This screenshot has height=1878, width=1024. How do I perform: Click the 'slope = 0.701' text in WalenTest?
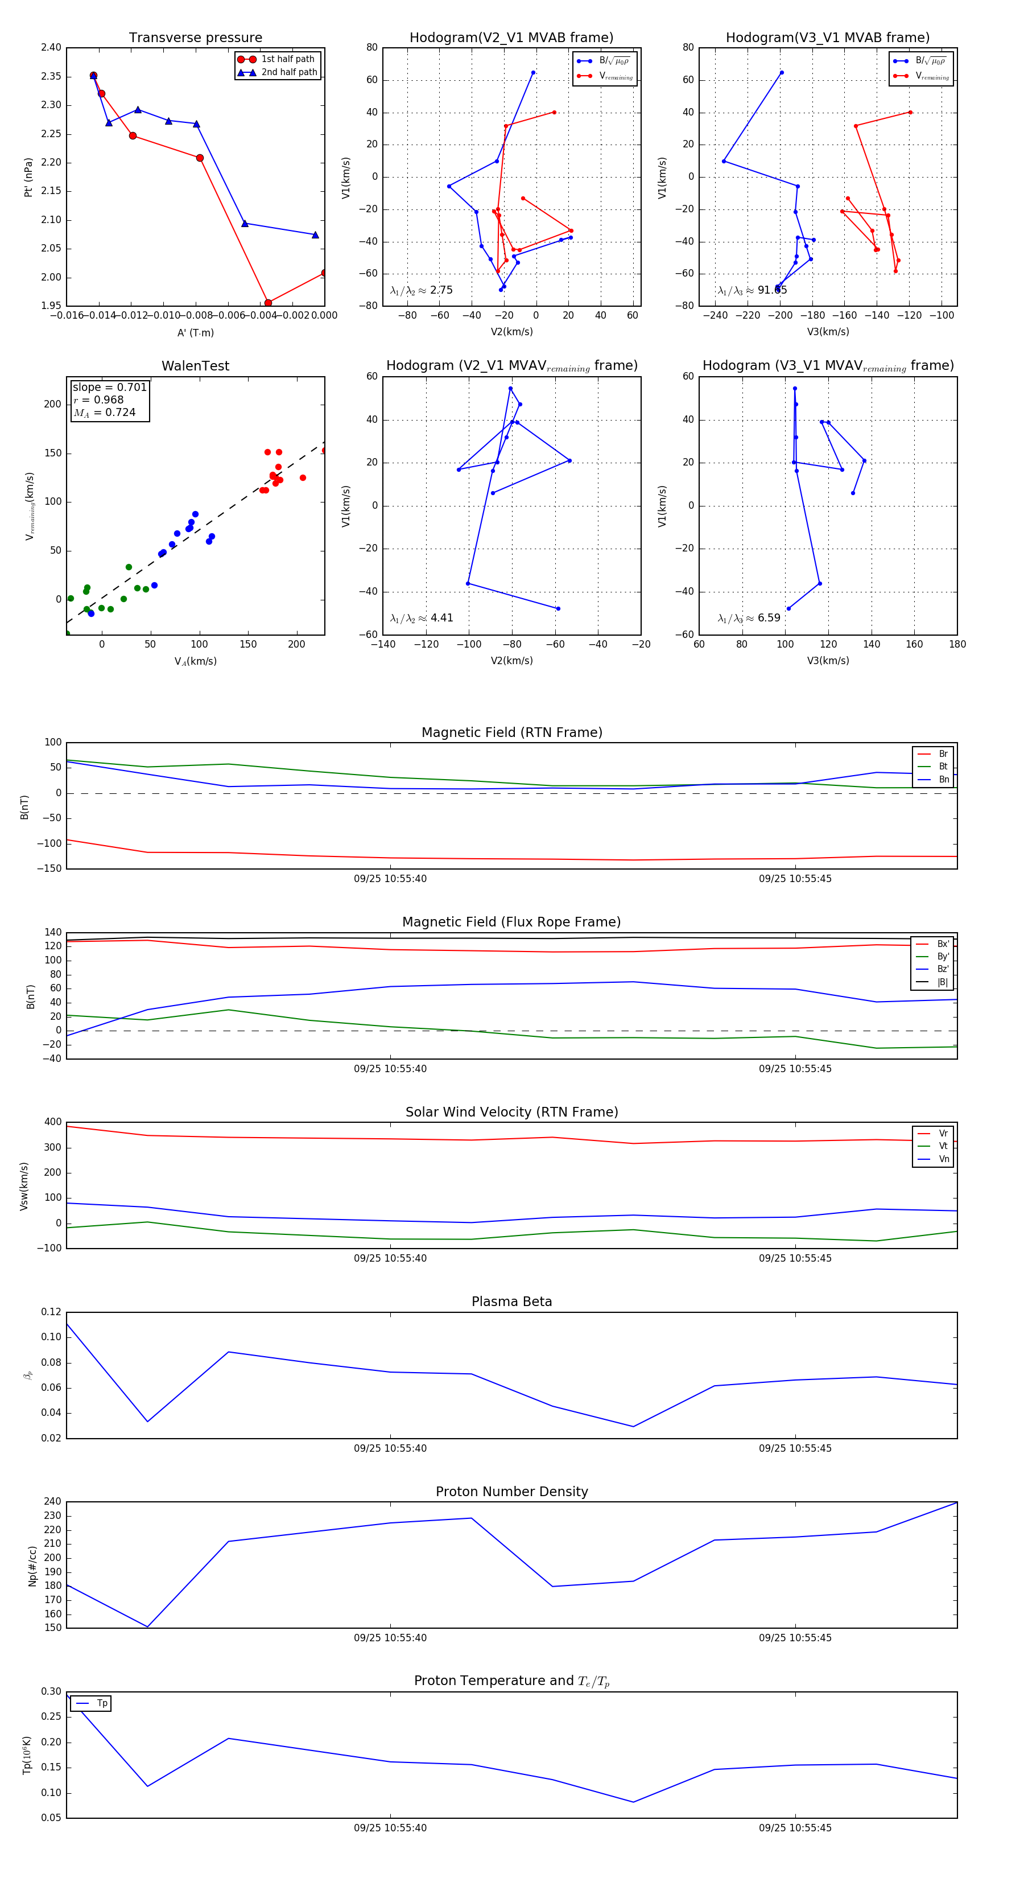point(109,387)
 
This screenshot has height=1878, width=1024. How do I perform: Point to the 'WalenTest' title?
point(195,366)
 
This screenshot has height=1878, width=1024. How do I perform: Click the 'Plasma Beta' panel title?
point(511,1302)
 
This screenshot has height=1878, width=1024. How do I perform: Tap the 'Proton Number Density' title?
point(511,1492)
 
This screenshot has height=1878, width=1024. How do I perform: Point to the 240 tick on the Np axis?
point(52,1502)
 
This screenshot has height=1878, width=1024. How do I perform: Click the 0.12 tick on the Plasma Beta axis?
point(51,1312)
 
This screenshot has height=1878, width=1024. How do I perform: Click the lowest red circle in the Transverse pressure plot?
point(268,303)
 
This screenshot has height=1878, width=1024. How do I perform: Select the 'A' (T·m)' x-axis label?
point(195,333)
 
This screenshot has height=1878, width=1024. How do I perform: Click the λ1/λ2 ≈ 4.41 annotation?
point(421,618)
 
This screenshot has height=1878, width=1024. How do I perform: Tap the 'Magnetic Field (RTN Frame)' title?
point(511,732)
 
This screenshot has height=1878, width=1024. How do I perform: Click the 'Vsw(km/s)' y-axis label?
point(24,1186)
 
